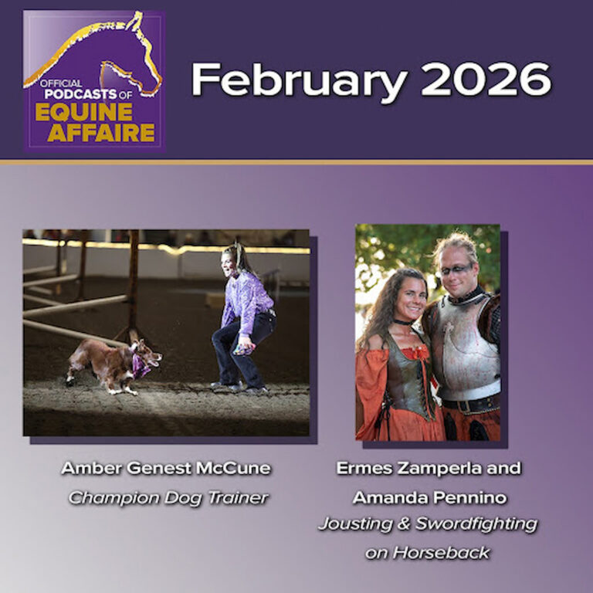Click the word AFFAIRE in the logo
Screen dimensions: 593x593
(x=100, y=132)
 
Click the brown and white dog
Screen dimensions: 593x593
(x=112, y=362)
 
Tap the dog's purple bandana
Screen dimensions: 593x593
(x=141, y=367)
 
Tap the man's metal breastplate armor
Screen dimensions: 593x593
(x=464, y=351)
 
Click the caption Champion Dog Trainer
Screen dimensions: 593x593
(x=168, y=498)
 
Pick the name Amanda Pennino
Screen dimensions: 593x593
(x=427, y=498)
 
